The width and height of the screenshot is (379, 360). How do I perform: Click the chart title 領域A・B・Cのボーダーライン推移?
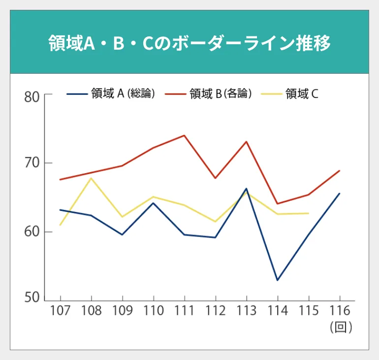coord(189,43)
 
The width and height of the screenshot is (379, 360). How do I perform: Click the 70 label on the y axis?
coord(32,163)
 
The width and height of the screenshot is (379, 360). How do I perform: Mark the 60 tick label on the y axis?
coord(32,232)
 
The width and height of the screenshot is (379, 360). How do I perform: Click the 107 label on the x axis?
coord(60,311)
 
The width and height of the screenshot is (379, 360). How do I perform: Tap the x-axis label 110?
coord(153,311)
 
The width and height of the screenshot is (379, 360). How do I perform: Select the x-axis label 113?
coord(246,311)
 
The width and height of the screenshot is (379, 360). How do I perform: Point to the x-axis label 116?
coord(339,311)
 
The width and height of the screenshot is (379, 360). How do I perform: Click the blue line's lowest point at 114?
coord(278,280)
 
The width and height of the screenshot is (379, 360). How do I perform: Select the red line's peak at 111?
coord(184,135)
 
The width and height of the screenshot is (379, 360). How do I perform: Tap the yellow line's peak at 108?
coord(91,178)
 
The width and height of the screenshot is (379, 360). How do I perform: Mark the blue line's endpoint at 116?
coord(340,193)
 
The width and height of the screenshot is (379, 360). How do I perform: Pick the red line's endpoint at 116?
coord(340,171)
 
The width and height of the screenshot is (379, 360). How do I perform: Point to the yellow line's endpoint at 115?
coord(309,213)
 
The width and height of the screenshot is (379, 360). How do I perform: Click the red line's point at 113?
coord(246,142)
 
